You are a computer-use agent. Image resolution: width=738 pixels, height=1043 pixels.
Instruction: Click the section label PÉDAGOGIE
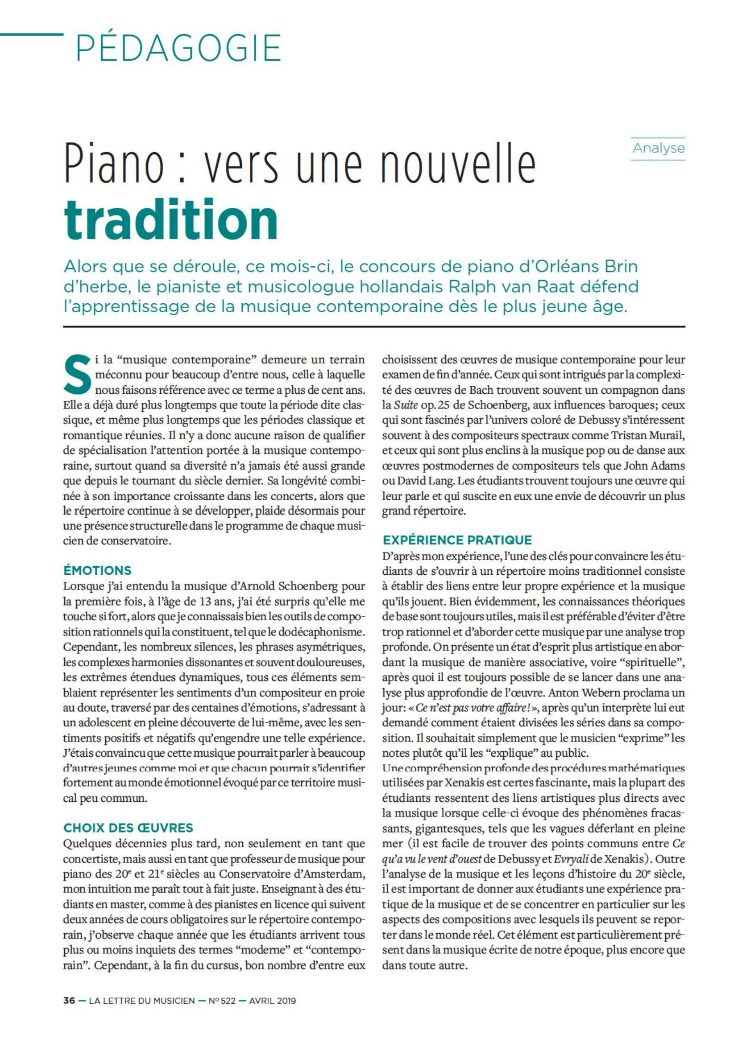coord(178,49)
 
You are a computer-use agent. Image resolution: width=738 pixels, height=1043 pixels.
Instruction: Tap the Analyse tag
coord(658,148)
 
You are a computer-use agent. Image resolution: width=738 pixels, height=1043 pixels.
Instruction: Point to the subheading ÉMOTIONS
coord(97,570)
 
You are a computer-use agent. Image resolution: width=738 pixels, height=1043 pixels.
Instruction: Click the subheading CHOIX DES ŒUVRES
coord(128,828)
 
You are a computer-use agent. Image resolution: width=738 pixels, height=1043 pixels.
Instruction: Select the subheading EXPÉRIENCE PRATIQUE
coord(457,540)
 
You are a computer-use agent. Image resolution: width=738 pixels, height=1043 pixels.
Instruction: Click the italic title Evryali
coord(572,859)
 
